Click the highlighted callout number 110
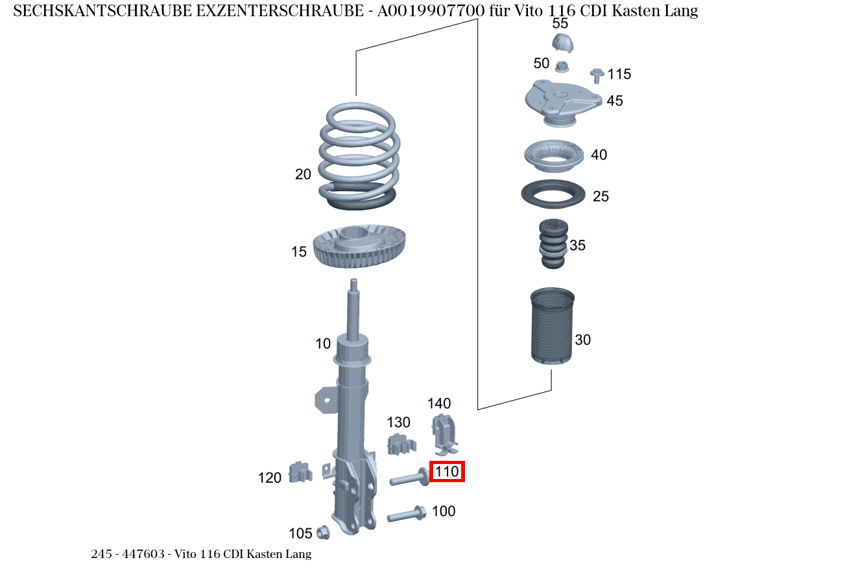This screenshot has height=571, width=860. click(447, 472)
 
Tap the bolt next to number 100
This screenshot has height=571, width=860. click(406, 515)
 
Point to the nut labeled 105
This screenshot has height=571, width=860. click(323, 533)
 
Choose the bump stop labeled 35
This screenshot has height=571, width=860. click(553, 244)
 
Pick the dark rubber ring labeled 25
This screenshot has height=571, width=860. click(553, 194)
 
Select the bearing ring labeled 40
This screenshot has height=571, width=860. click(553, 155)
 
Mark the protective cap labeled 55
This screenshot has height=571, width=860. click(562, 43)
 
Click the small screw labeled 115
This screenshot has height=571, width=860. click(597, 75)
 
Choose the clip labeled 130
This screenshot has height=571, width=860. click(401, 445)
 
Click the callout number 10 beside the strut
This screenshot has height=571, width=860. click(323, 344)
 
